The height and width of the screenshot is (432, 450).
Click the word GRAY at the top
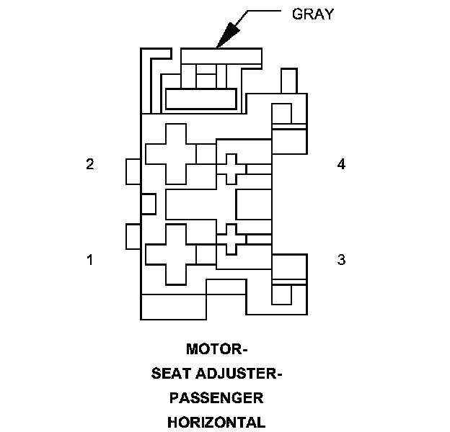pos(313,14)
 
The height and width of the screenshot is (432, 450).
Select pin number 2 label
pos(90,164)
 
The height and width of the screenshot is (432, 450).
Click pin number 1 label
pos(90,259)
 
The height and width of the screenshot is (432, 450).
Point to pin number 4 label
pos(341,164)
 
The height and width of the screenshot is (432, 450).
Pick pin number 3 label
pos(341,259)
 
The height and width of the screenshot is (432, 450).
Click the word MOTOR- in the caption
pos(216,350)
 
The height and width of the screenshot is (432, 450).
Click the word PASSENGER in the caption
pos(216,397)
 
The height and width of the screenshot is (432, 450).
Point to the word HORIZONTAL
pos(216,421)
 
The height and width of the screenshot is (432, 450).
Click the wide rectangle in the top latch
pos(200,99)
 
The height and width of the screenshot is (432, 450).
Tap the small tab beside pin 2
pos(133,171)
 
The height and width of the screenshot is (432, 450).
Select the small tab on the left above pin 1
pos(133,236)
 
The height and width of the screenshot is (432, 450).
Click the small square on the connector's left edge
pos(148,204)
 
